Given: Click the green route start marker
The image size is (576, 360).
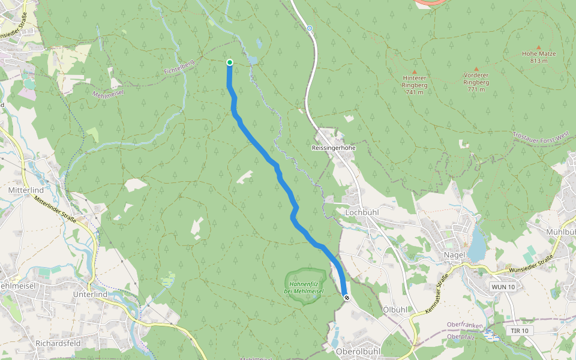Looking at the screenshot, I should click(x=230, y=62).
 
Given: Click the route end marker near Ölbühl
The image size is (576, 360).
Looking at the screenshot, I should click(x=346, y=297).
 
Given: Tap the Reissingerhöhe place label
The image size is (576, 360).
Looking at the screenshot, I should click(x=334, y=147).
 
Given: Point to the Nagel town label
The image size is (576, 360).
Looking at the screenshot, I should click(x=454, y=255).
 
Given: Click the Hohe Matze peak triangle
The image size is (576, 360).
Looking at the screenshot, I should click(x=539, y=47).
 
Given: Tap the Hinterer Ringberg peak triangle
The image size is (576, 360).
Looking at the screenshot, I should click(x=414, y=71).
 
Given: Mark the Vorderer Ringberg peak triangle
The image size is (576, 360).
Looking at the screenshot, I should click(x=476, y=69).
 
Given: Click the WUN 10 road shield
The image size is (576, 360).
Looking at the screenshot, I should click(x=503, y=287).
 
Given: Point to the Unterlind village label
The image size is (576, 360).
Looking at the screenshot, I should click(x=89, y=295).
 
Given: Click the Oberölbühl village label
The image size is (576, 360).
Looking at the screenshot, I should click(x=358, y=350).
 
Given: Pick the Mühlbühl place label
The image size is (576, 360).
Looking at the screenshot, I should click(x=561, y=231).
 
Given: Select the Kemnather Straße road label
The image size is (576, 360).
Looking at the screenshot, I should click(x=437, y=293).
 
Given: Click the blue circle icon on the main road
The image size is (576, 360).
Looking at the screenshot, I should click(x=310, y=28).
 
